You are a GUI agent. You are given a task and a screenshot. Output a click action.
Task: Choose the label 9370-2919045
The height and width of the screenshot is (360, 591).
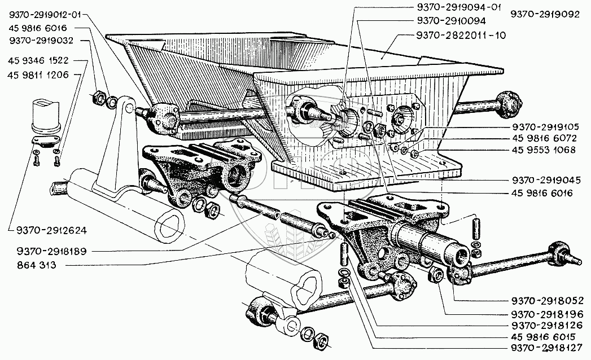coord(546,181)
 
